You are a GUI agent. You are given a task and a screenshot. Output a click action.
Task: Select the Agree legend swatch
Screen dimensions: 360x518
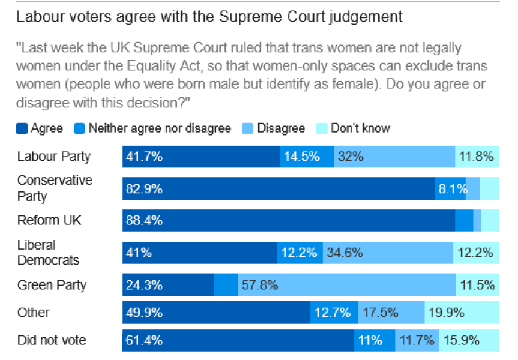(x=22, y=128)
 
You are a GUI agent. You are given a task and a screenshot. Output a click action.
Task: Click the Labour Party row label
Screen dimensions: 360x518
(x=54, y=157)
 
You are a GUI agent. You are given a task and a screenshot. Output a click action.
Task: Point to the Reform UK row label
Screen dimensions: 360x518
(x=49, y=220)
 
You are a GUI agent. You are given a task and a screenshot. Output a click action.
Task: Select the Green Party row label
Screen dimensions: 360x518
(x=52, y=285)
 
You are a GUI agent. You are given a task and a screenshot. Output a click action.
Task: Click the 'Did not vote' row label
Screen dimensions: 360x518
(x=52, y=340)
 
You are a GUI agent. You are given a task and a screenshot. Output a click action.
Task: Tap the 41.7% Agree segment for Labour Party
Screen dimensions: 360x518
(x=200, y=157)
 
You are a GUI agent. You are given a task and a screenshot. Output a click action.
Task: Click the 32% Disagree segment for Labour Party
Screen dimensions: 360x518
(x=394, y=157)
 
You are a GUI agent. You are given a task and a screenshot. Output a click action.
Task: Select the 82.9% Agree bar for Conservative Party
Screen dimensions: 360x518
(x=278, y=188)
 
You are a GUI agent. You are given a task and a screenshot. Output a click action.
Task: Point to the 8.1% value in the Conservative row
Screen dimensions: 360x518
(x=451, y=188)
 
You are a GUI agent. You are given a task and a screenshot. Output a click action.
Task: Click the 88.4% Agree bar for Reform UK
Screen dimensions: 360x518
(x=288, y=221)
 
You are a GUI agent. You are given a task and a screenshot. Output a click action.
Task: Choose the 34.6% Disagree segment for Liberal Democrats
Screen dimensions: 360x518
(x=388, y=253)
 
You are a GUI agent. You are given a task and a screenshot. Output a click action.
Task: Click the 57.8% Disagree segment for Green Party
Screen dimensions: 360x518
(x=346, y=285)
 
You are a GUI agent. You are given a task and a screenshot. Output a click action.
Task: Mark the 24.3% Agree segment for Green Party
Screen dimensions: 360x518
(x=168, y=285)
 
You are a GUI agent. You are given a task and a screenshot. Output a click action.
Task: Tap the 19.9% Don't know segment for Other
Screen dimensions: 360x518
(x=462, y=313)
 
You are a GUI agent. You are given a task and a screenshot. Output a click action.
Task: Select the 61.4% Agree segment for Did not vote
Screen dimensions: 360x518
(x=238, y=341)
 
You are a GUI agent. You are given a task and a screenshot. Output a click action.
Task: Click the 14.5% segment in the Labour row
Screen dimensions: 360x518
(x=307, y=157)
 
